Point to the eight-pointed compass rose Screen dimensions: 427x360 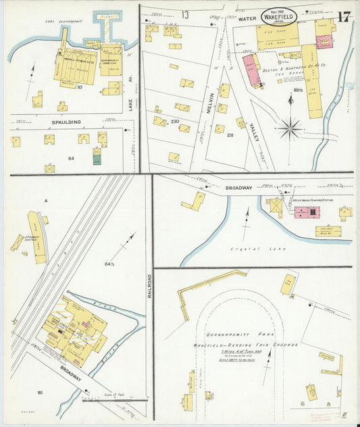tap(290, 126)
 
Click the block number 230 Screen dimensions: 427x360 tap(175, 122)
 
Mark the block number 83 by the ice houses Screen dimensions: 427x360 tap(80, 86)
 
